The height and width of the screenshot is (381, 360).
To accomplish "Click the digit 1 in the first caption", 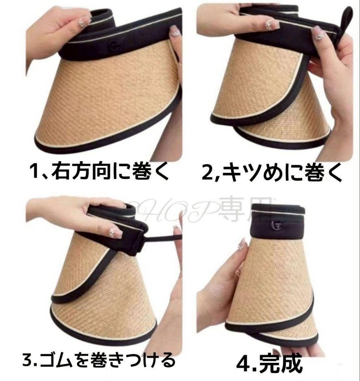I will point(35,173).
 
